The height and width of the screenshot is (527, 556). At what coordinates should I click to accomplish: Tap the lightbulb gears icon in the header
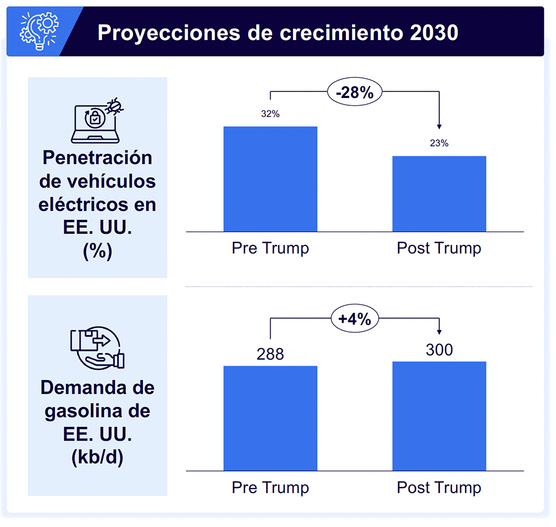point(38,32)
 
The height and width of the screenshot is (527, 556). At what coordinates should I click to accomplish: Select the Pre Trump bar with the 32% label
point(270,179)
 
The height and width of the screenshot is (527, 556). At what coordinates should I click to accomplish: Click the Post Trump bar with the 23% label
point(439,193)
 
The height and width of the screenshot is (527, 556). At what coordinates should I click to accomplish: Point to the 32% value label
point(270,114)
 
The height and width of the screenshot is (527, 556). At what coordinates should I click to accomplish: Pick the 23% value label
point(439,143)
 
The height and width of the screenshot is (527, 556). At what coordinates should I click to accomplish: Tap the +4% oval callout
point(355,319)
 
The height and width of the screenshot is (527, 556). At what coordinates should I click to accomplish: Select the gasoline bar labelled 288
point(270,418)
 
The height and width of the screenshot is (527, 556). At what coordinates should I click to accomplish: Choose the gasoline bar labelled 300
point(439,416)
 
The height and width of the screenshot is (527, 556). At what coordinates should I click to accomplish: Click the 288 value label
point(270,354)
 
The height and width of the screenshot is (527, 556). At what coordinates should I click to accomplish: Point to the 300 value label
point(439,349)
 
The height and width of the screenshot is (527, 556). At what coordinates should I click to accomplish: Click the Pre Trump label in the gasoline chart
point(270,488)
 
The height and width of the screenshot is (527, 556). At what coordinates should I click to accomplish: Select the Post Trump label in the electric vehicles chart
point(439,248)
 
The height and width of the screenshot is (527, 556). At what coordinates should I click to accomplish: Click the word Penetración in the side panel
point(97,157)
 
